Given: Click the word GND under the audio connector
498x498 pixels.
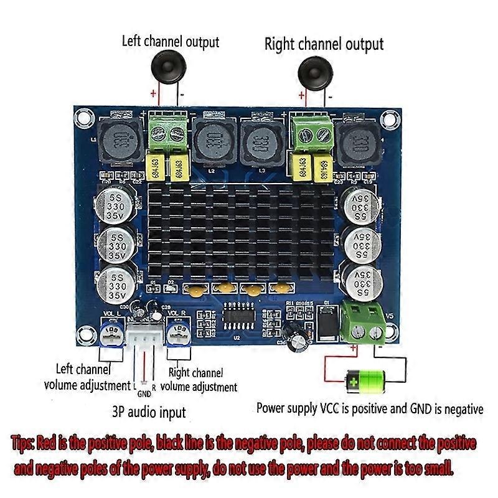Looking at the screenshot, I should click(x=144, y=393).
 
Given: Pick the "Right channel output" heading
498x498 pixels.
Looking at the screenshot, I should click(x=324, y=44).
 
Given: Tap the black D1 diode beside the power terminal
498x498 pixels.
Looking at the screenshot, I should click(x=327, y=324).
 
